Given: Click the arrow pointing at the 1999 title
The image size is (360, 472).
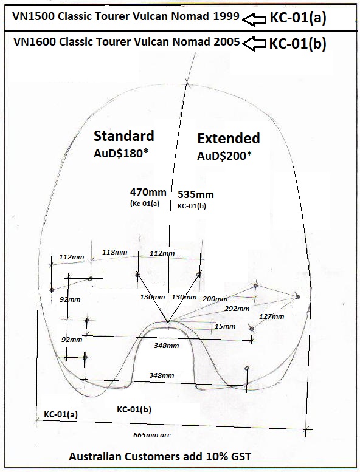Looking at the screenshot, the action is [255, 20].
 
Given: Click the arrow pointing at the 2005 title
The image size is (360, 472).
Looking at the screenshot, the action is [255, 44].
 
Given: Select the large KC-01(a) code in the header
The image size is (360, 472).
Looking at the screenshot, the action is [297, 18].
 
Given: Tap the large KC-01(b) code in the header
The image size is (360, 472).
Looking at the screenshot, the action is [297, 44].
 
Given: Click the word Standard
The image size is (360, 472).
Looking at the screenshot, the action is [124, 136].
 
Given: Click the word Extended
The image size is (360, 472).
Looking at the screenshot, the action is [229, 139].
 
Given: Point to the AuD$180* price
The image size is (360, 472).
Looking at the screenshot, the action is [121, 154].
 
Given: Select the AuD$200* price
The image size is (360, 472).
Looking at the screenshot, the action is [225, 156].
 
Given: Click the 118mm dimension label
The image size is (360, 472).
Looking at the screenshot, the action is [114, 252].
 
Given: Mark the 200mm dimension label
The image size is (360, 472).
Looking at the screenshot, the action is [215, 299].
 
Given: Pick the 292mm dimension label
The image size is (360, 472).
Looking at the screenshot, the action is [237, 309].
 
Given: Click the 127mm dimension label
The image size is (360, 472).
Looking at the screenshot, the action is [271, 316].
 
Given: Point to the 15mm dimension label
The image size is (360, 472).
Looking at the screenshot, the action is [225, 326].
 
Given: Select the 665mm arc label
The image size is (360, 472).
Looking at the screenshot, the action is [152, 435].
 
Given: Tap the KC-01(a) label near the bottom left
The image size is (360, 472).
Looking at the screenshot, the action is [61, 414].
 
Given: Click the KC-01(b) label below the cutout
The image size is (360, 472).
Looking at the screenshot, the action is [134, 409].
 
